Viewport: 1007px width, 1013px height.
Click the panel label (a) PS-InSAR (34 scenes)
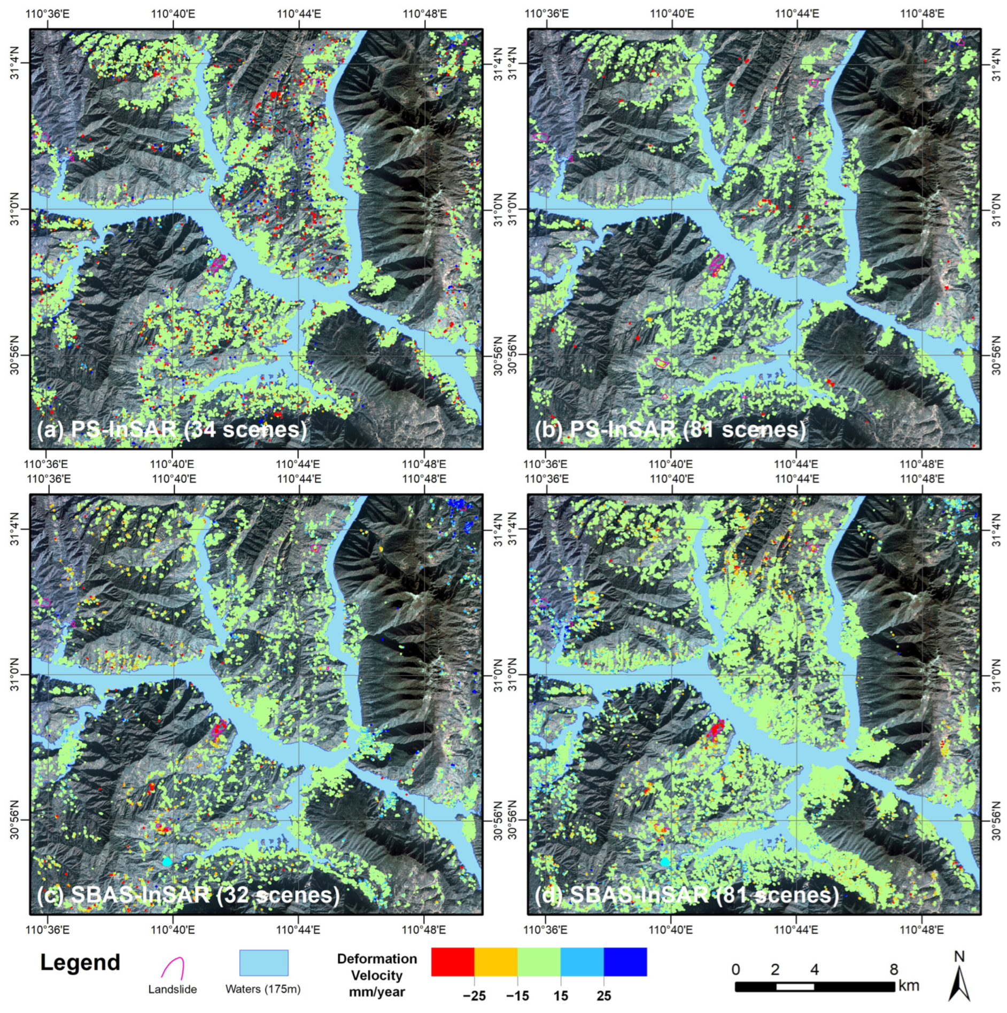point(172,429)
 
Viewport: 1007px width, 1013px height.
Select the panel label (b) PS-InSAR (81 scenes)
point(670,429)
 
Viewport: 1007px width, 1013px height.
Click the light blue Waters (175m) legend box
point(264,963)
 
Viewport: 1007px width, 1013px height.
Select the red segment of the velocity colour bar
point(452,962)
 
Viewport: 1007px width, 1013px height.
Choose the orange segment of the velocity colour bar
point(496,962)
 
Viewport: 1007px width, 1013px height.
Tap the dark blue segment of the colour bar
point(625,962)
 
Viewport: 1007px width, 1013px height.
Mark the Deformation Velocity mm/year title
point(377,975)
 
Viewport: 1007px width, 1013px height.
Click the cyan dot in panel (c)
point(167,861)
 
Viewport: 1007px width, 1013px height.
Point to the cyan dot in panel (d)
point(665,861)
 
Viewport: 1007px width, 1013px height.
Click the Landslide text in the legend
point(173,989)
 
